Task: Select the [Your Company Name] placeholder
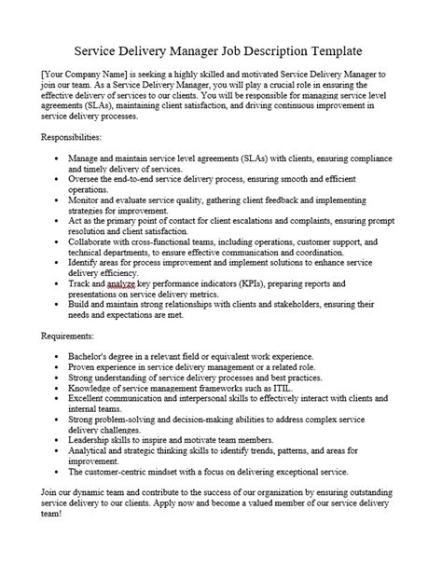[76, 74]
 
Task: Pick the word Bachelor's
[92, 357]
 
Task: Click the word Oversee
[88, 177]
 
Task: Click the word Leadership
[93, 448]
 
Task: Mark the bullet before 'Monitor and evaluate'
[58, 200]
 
